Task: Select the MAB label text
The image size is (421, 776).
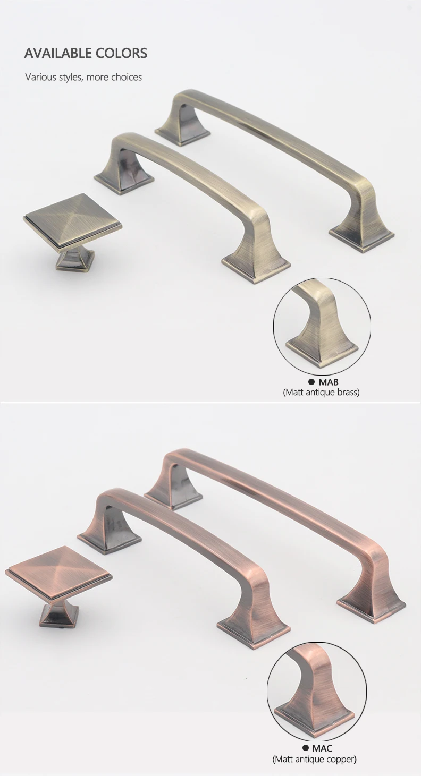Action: (329, 382)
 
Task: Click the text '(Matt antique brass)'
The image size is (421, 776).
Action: (321, 392)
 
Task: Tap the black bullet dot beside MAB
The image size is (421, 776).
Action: (311, 382)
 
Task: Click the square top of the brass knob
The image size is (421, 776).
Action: (72, 221)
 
